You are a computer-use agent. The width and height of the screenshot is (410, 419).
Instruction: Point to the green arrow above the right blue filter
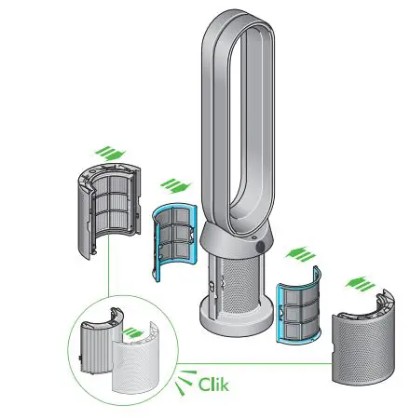coord(298,251)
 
